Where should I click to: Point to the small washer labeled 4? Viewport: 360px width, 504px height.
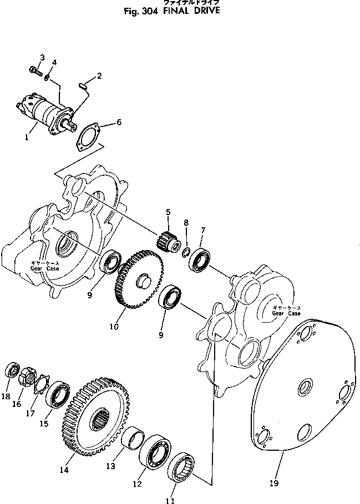(x=48, y=78)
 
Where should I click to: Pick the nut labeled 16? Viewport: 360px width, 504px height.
(x=26, y=379)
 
